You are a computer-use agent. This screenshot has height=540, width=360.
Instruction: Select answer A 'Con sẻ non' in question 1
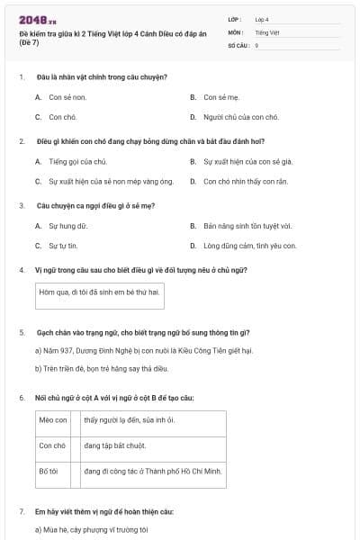67,96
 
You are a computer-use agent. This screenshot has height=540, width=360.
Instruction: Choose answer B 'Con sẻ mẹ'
222,96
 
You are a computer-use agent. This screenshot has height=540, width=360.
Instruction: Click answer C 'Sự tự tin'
66,246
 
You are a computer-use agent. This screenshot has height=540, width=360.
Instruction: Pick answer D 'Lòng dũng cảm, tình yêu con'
249,246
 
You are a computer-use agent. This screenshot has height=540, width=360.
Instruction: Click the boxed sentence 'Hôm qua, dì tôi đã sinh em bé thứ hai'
99,292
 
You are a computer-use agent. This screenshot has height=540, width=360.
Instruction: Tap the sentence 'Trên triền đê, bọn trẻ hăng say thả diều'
117,367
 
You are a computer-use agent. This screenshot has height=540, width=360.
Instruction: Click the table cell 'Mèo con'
53,420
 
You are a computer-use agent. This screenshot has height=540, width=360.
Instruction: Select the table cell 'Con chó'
53,445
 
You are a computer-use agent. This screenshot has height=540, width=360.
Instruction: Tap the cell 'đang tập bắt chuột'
115,445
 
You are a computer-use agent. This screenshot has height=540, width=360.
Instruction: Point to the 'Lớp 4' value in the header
262,19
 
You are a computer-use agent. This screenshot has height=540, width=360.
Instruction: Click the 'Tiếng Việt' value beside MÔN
267,31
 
